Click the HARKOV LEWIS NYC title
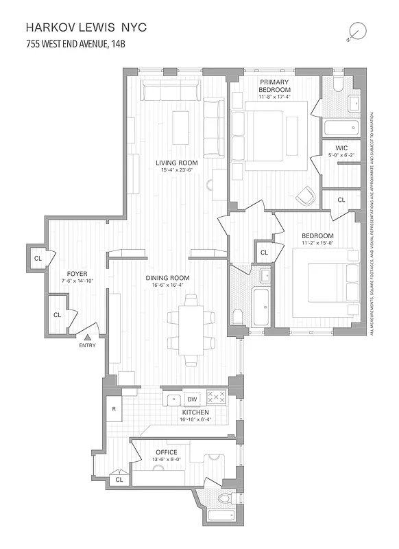point(86,28)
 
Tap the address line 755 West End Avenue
point(75,45)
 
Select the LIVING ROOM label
point(179,162)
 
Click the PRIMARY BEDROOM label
point(274,85)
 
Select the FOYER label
point(77,272)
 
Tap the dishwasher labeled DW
point(193,399)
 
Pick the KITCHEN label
point(195,412)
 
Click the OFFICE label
point(166,452)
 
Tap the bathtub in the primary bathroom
point(341,127)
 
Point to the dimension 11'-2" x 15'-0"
point(317,243)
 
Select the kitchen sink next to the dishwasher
point(174,399)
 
